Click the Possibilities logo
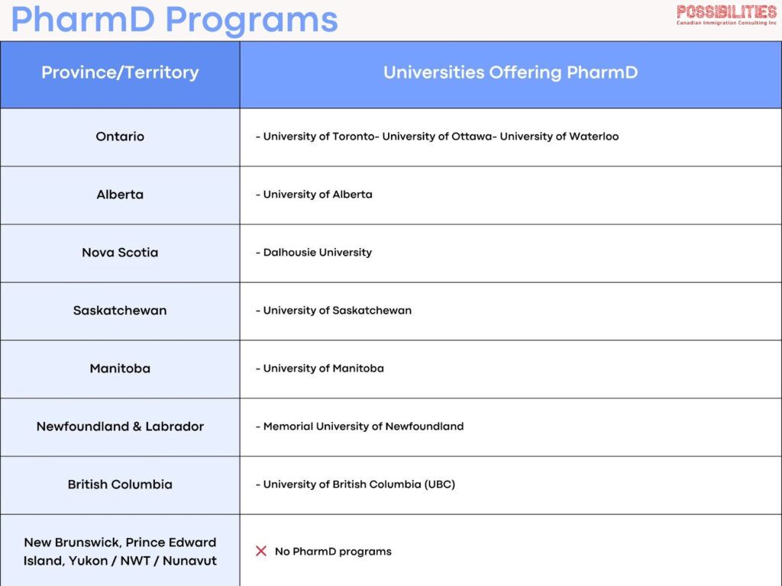pyautogui.click(x=726, y=14)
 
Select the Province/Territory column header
pyautogui.click(x=120, y=72)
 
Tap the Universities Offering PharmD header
pyautogui.click(x=510, y=72)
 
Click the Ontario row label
pyautogui.click(x=120, y=137)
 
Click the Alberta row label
pyautogui.click(x=120, y=195)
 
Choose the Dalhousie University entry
pyautogui.click(x=317, y=253)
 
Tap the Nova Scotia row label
pyautogui.click(x=120, y=253)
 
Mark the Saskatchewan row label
pyautogui.click(x=120, y=311)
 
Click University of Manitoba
pyautogui.click(x=323, y=369)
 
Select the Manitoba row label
pyautogui.click(x=120, y=369)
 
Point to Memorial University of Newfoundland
pyautogui.click(x=363, y=427)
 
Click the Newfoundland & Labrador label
pyautogui.click(x=120, y=427)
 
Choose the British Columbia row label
pyautogui.click(x=120, y=485)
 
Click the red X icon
pyautogui.click(x=261, y=551)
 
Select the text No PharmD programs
pyautogui.click(x=333, y=552)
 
